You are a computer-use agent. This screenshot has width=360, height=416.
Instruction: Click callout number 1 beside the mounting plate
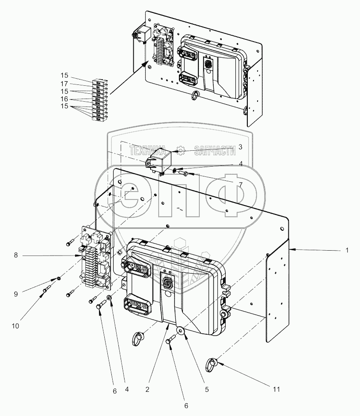pyautogui.click(x=347, y=250)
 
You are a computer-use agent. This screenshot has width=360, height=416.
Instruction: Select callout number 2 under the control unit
pyautogui.click(x=147, y=390)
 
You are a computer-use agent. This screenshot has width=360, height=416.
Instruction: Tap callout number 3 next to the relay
pyautogui.click(x=240, y=146)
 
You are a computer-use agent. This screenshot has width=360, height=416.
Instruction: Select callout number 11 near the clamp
pyautogui.click(x=276, y=389)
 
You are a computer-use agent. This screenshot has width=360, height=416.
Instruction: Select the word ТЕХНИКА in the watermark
pyautogui.click(x=148, y=151)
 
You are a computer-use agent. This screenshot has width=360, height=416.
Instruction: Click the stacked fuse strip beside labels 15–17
pyautogui.click(x=96, y=99)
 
